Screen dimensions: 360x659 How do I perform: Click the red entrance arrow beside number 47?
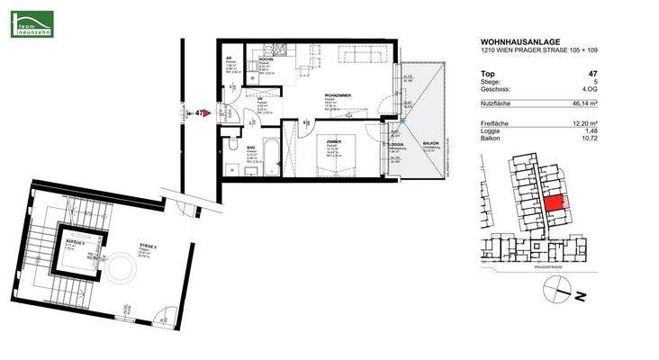coord(206,113)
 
